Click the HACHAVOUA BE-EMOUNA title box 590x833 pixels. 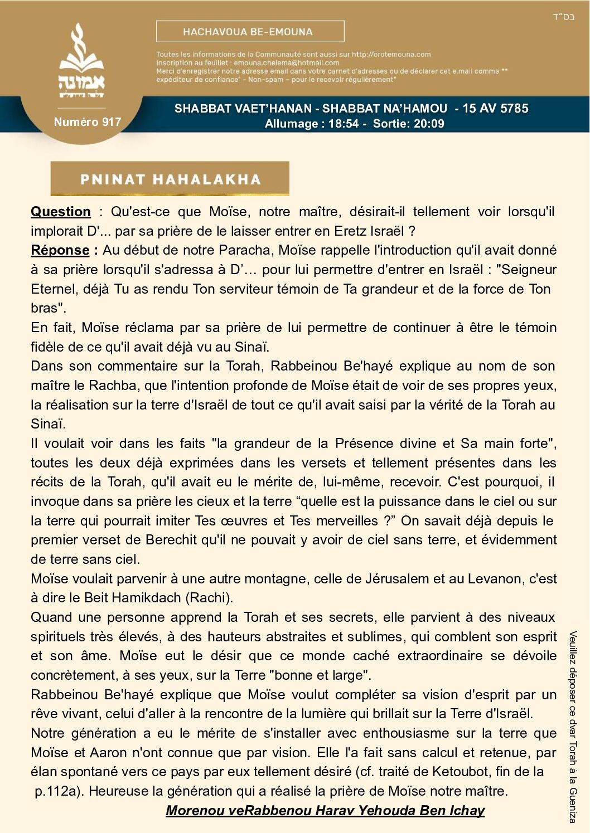point(250,32)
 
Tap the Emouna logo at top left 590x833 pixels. point(81,61)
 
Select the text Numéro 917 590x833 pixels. point(87,122)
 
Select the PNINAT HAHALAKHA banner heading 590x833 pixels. point(170,179)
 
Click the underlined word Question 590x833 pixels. point(61,212)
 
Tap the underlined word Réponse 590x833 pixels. point(60,250)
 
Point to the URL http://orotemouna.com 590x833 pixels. point(391,55)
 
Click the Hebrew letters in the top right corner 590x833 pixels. point(563,17)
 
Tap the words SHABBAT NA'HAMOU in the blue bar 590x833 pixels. point(384,109)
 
